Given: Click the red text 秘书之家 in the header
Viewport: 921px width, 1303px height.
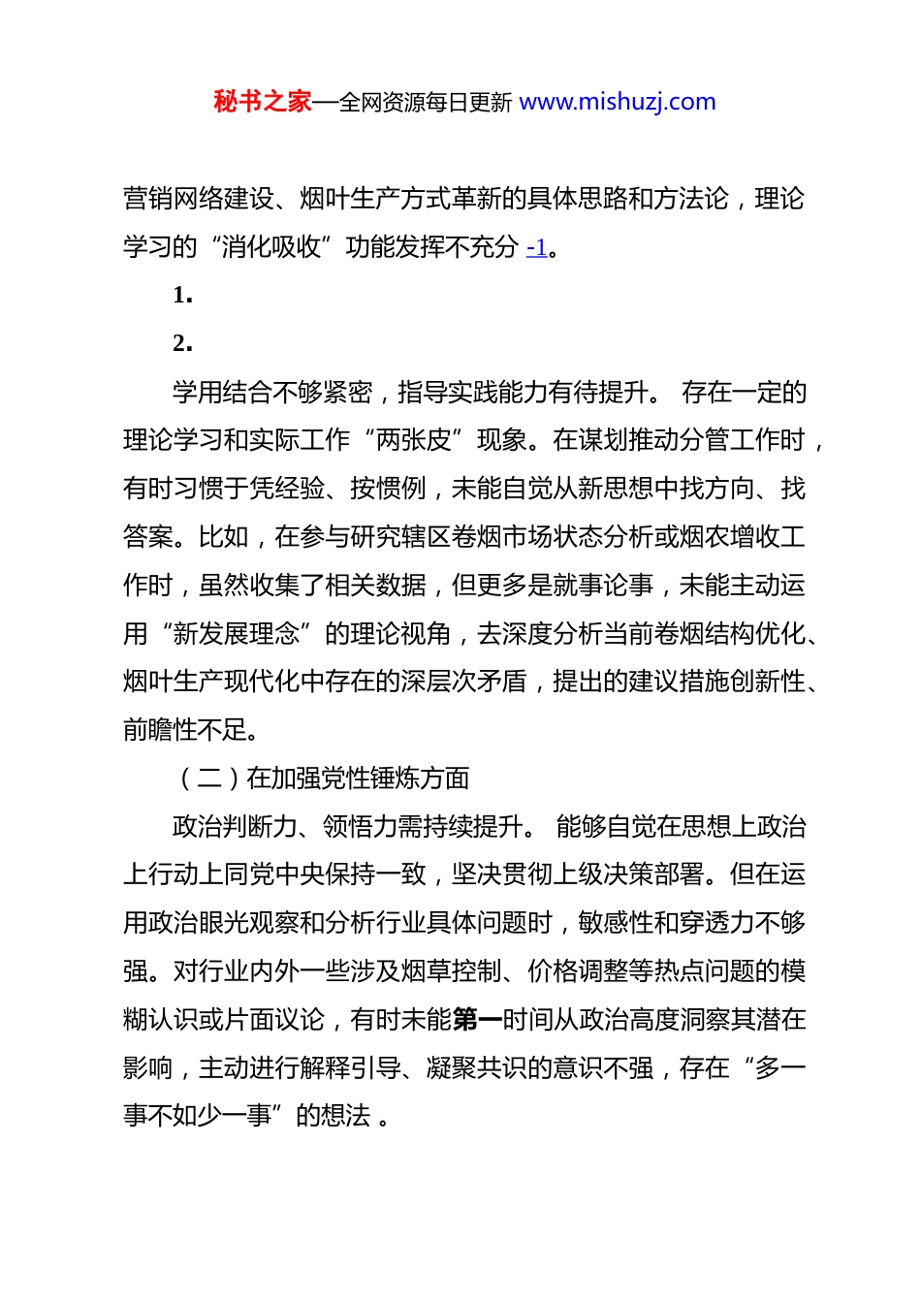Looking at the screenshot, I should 262,102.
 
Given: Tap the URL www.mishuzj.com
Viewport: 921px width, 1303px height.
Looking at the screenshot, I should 618,102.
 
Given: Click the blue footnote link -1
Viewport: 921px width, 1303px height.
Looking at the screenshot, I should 537,247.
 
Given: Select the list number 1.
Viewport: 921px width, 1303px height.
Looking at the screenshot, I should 182,296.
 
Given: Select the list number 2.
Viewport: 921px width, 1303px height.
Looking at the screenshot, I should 182,343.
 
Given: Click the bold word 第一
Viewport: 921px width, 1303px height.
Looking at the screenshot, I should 477,1020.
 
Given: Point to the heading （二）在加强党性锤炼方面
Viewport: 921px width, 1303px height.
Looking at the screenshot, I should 324,779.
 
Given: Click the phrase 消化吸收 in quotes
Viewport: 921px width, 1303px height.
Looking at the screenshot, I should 271,247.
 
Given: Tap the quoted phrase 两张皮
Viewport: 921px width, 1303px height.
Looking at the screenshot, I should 415,440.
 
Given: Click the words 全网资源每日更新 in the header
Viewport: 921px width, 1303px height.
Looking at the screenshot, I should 426,102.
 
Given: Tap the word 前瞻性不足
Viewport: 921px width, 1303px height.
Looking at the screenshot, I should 185,730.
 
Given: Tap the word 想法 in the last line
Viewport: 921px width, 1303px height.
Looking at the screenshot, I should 347,1116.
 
